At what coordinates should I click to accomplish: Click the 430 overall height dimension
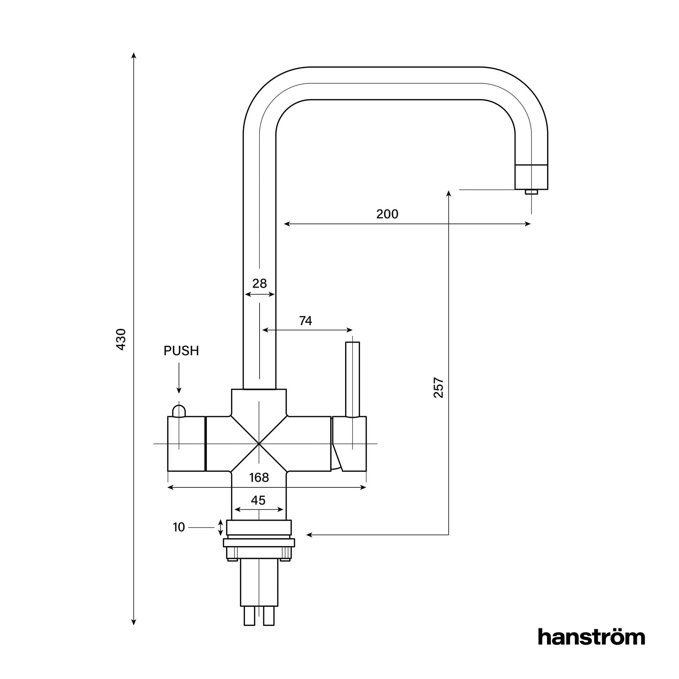click(121, 339)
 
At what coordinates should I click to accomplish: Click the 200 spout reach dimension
click(387, 214)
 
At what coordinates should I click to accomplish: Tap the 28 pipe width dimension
click(259, 283)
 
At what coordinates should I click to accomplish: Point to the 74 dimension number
click(305, 321)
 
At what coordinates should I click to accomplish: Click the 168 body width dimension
click(259, 478)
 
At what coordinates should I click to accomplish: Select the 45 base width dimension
click(258, 500)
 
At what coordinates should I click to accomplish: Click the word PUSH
click(181, 351)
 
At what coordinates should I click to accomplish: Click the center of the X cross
click(259, 444)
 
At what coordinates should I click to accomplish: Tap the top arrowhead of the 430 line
click(134, 55)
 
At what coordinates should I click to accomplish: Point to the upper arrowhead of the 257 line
click(448, 193)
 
